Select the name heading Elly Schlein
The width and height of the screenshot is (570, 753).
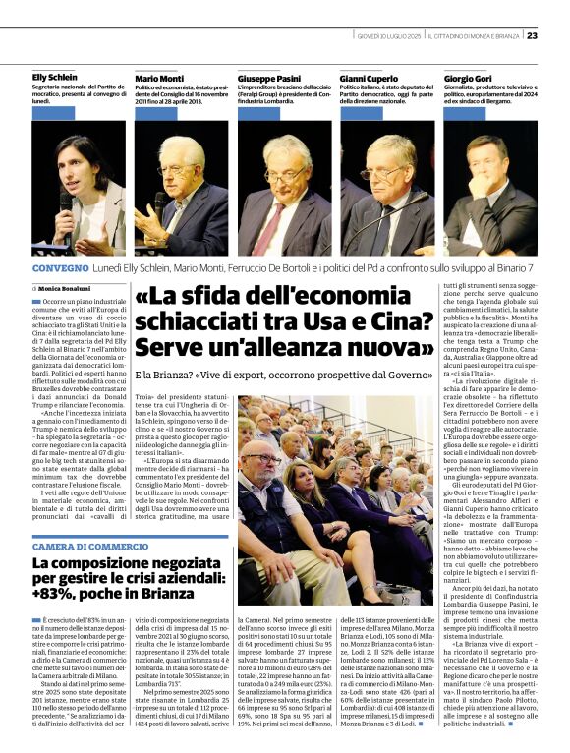pyautogui.click(x=55, y=76)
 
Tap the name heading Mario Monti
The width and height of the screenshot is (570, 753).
pyautogui.click(x=159, y=77)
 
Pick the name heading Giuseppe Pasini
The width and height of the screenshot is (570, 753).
pyautogui.click(x=267, y=77)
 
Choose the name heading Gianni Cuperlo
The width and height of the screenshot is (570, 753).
pyautogui.click(x=368, y=77)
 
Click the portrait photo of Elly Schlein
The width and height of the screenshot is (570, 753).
pyautogui.click(x=79, y=188)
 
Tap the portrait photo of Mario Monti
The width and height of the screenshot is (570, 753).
pyautogui.click(x=181, y=188)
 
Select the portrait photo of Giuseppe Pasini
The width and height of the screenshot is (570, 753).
pyautogui.click(x=284, y=188)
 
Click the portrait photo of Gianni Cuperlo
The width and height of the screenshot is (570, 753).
pyautogui.click(x=387, y=188)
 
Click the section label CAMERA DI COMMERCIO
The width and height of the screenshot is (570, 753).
pyautogui.click(x=89, y=546)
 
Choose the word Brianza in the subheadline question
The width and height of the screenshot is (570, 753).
pyautogui.click(x=188, y=375)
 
